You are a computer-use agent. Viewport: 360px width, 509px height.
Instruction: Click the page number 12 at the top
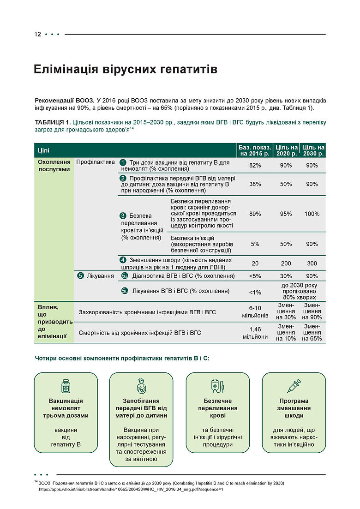point(37,35)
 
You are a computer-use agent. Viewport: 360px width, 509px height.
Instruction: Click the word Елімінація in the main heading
point(65,70)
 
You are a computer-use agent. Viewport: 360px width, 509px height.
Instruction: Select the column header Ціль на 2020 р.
point(286,150)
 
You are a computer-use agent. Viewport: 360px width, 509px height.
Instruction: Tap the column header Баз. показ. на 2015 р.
point(255,150)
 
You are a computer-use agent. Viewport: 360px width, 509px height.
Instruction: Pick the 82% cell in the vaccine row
point(255,166)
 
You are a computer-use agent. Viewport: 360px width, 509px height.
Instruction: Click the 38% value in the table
point(255,184)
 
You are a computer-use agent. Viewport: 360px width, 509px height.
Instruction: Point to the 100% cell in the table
point(312,214)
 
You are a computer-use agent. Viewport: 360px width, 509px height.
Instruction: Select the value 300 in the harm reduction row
point(312,263)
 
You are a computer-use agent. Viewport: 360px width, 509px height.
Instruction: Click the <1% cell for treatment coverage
point(255,292)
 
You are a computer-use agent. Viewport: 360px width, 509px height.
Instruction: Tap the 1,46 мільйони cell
point(255,333)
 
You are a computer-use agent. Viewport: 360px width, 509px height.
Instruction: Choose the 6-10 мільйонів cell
point(255,312)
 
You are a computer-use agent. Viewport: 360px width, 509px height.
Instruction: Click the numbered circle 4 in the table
point(123,260)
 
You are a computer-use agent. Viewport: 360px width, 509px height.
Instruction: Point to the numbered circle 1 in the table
point(123,162)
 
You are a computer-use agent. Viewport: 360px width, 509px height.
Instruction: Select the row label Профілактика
point(95,162)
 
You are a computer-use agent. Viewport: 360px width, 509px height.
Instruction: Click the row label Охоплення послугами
point(54,166)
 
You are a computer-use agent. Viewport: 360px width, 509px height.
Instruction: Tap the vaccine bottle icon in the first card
point(66,386)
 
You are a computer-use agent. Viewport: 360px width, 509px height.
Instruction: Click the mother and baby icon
point(141,386)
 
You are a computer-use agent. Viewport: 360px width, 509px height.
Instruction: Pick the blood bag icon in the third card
point(217,386)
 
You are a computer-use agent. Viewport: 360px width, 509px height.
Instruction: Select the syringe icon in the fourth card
point(294,386)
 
